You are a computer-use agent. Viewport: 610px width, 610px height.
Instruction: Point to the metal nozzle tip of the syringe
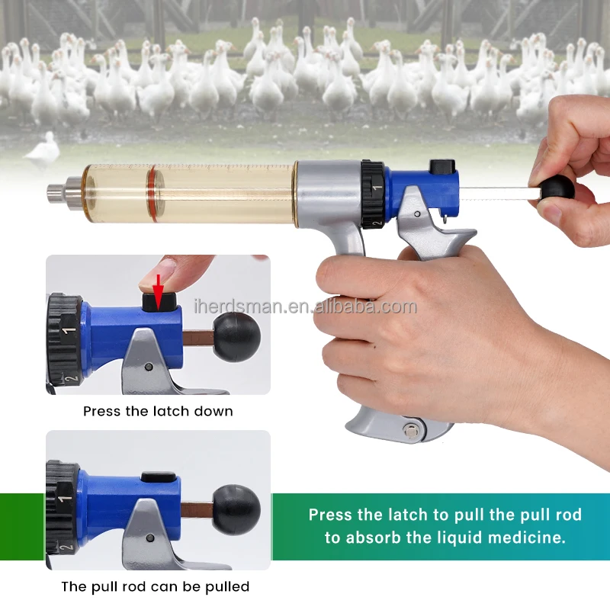(56, 189)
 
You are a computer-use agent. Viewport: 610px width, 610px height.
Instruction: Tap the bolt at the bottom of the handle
(411, 429)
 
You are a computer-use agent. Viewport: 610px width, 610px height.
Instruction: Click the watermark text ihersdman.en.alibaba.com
(305, 307)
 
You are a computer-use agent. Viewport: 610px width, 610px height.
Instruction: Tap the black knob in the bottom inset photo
(236, 510)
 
